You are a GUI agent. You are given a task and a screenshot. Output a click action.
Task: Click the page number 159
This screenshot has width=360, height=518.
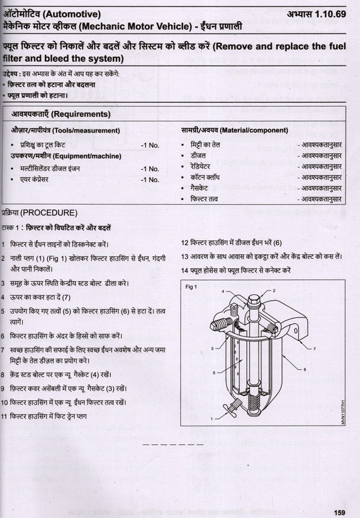pos(339,511)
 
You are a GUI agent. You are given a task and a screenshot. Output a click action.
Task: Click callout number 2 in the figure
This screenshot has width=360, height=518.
pos(274,291)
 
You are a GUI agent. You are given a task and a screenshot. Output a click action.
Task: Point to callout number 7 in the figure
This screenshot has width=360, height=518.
pos(314,349)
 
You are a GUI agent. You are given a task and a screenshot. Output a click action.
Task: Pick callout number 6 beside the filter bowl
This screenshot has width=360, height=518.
pos(305,370)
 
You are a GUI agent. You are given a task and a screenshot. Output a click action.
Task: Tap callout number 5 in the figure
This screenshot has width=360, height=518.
pos(214,373)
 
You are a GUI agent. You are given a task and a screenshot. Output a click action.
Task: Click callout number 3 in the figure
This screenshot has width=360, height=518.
pos(212,348)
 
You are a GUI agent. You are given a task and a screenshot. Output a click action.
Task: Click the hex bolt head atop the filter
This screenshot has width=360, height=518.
pos(254,298)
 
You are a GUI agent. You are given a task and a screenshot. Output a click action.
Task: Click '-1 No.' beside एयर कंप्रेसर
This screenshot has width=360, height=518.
pos(149,179)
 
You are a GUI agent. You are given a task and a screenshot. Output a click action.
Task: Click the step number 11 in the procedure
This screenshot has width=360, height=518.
pos(4,416)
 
